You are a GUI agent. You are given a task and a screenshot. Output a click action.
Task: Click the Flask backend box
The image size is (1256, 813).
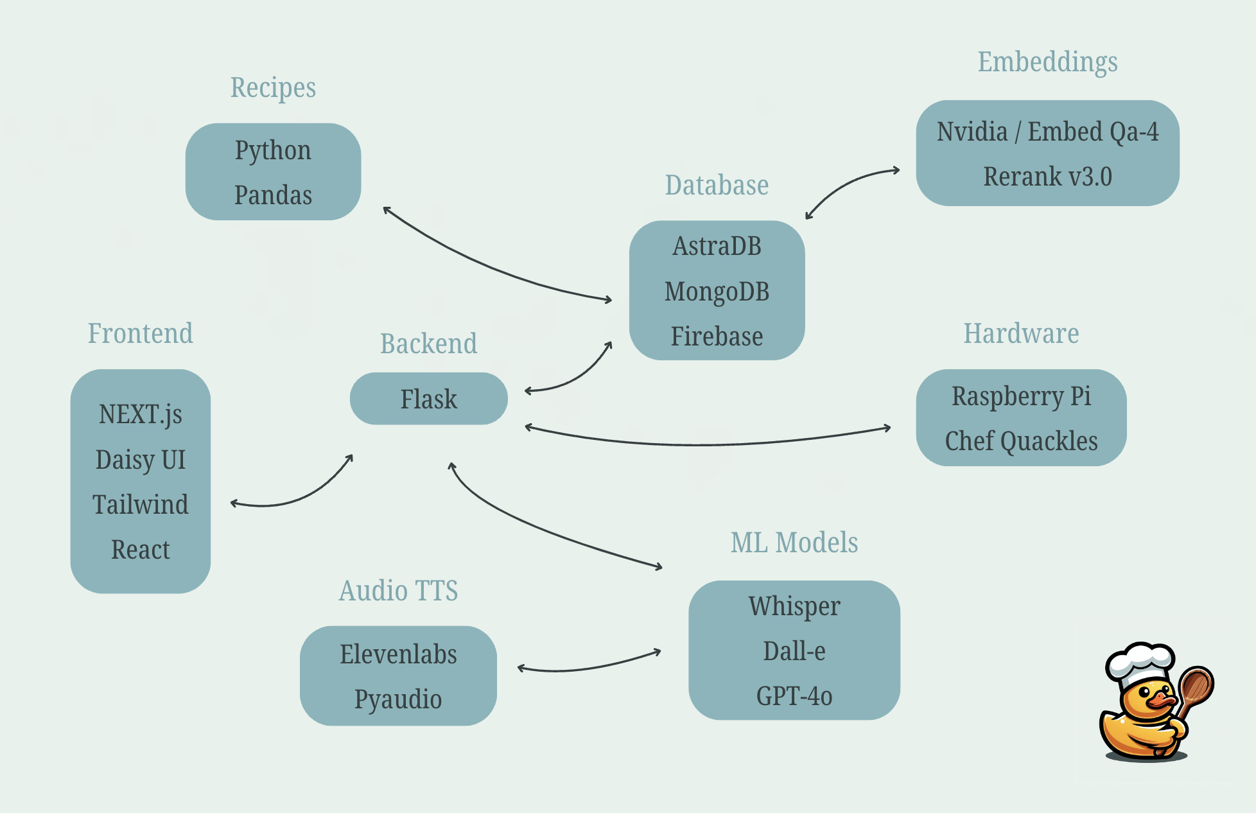click(x=428, y=399)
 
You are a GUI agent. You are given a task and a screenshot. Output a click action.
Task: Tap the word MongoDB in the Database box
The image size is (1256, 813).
click(x=717, y=292)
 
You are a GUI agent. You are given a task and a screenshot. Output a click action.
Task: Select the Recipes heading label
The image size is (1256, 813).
click(x=273, y=88)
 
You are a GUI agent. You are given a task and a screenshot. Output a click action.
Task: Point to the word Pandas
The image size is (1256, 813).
click(x=273, y=195)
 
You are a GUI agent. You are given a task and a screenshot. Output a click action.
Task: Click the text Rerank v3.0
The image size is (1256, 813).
click(x=1047, y=177)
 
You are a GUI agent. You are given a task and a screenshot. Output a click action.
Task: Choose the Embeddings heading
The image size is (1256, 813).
click(x=1047, y=62)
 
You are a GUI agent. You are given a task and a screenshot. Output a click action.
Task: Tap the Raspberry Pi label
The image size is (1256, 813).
click(x=1021, y=396)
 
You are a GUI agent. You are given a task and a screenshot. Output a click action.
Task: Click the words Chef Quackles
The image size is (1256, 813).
click(x=1021, y=441)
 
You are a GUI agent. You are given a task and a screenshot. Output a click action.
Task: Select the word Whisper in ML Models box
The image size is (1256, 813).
click(x=794, y=606)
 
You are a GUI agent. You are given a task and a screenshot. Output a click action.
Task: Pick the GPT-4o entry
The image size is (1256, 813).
click(x=794, y=696)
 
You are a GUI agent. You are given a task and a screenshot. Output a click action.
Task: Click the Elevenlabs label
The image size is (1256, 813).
click(x=398, y=654)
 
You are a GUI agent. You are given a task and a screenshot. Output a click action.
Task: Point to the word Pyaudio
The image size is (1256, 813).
click(x=398, y=699)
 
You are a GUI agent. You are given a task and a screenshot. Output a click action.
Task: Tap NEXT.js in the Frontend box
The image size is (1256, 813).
click(x=140, y=415)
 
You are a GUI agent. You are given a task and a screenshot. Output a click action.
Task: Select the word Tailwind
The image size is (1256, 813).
click(x=140, y=505)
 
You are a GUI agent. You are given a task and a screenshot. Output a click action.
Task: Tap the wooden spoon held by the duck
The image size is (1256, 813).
click(x=1195, y=687)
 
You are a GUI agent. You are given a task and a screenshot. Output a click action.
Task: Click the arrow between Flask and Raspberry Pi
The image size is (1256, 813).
click(x=706, y=444)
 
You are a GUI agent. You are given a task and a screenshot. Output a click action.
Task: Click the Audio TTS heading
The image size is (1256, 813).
click(x=398, y=591)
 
